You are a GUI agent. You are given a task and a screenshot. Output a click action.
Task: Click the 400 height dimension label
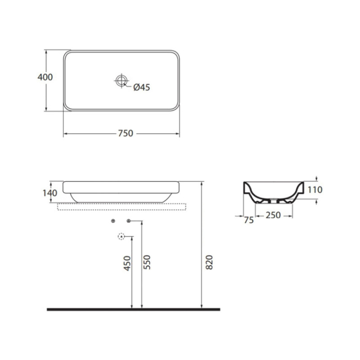point(45,77)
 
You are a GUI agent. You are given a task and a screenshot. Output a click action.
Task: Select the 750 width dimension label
point(126,133)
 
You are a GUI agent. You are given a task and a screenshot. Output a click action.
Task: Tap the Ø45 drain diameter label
point(142,87)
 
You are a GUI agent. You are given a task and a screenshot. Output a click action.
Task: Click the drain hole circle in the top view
point(121,81)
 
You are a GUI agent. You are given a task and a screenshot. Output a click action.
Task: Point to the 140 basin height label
point(50,193)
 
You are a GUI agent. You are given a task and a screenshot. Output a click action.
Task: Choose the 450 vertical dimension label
point(127,263)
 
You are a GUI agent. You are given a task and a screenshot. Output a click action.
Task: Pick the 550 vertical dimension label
point(147,262)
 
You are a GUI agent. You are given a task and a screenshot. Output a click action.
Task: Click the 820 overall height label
point(209,262)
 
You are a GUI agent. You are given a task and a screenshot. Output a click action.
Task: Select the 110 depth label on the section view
point(315,190)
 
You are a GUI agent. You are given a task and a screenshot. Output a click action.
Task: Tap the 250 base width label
point(273,215)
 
